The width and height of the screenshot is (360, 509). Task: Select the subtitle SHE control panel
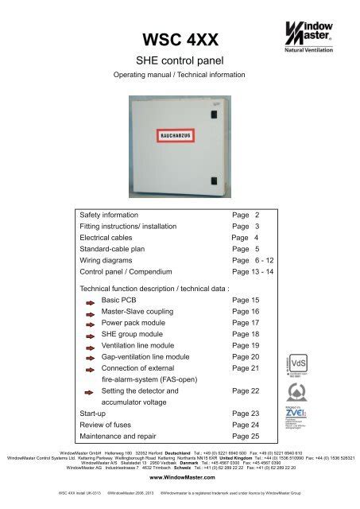[180, 63]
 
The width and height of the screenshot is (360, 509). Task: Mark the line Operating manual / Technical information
[179, 80]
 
